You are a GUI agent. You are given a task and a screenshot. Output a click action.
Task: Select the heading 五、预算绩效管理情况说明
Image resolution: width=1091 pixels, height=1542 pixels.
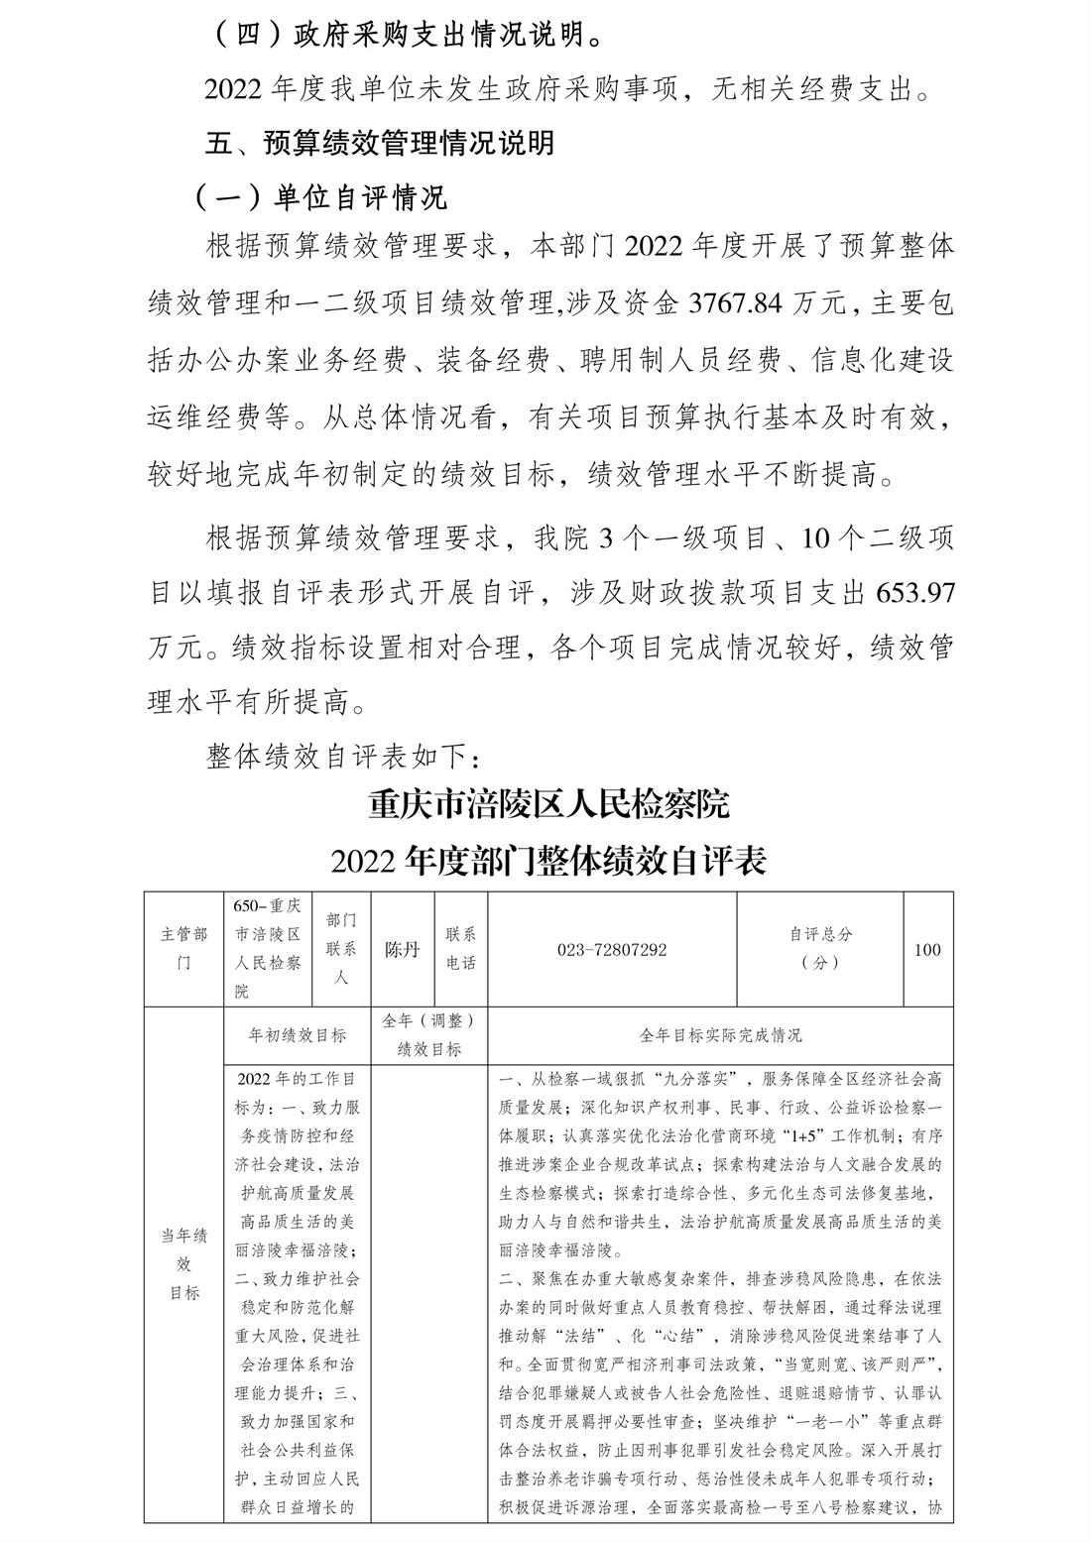point(379,143)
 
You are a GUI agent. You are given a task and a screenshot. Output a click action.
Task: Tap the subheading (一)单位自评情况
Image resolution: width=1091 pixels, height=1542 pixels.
point(319,197)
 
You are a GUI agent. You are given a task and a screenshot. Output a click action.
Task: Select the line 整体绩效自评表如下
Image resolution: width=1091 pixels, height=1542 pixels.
point(343,757)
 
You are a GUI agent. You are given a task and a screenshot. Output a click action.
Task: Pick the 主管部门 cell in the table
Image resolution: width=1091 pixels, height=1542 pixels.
point(184,949)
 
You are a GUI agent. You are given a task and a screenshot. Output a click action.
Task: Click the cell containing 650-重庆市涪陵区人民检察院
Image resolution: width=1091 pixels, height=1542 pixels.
point(268,949)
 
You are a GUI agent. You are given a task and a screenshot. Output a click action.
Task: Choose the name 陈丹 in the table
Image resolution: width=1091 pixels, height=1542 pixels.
point(403,950)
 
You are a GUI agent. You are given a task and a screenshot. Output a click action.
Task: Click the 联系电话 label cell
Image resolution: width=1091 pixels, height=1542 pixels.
point(461,949)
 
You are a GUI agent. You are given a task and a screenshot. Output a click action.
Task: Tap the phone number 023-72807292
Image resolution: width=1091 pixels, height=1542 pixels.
point(612,950)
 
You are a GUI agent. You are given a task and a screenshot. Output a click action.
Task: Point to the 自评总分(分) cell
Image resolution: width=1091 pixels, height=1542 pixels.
point(820,949)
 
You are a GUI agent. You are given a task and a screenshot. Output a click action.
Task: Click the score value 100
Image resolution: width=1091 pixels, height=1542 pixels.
point(927,950)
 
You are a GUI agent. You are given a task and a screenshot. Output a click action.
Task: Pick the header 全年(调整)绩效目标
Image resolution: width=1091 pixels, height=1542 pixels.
point(428,1035)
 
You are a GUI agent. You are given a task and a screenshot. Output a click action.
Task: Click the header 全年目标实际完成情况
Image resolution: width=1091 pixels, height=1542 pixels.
point(720,1035)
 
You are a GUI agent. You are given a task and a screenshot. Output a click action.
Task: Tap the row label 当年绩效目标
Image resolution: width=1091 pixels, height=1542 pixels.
point(184,1263)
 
